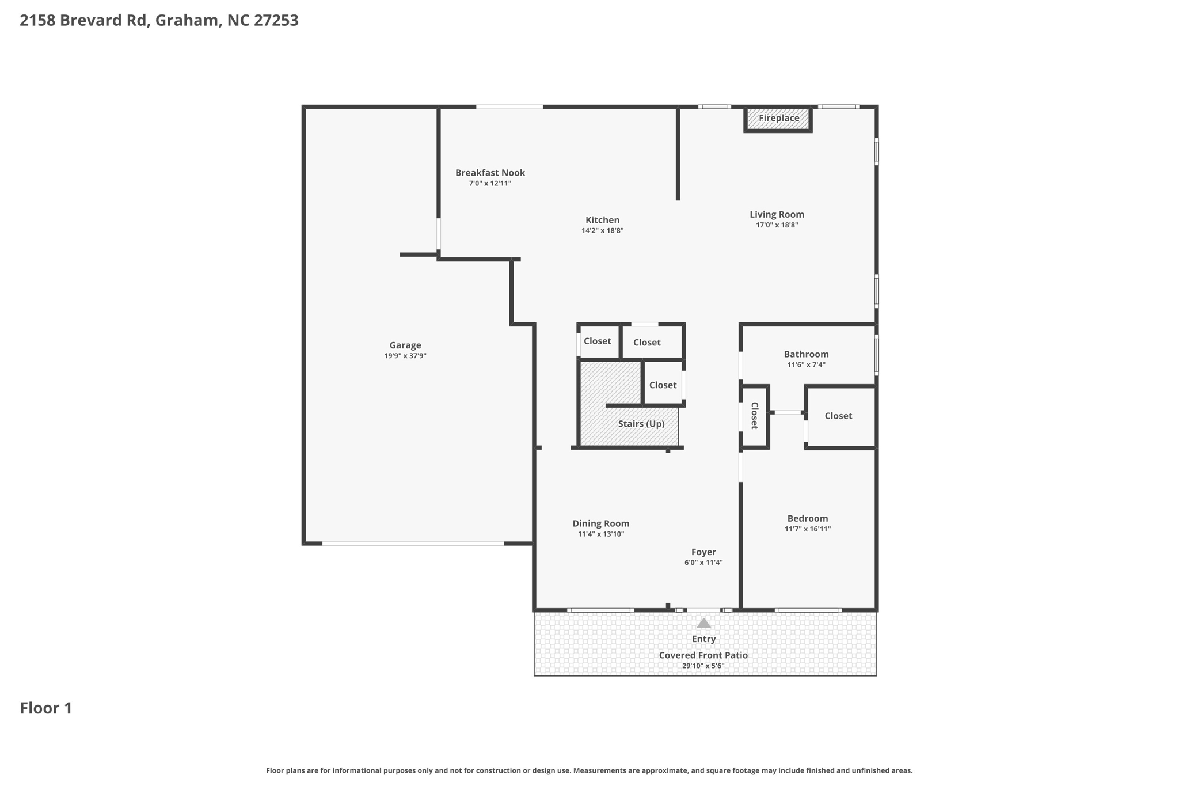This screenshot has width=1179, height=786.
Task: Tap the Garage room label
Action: click(x=405, y=345)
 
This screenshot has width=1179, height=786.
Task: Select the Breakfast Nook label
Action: click(x=490, y=173)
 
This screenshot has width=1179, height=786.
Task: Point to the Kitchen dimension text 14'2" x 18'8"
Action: click(x=602, y=231)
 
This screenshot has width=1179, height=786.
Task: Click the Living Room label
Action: click(x=777, y=215)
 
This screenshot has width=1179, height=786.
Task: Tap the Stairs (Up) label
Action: click(x=641, y=424)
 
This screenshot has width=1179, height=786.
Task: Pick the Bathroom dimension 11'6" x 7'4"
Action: click(x=806, y=365)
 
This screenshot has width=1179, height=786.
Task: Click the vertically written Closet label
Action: click(x=754, y=416)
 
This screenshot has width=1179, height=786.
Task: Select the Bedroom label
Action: click(x=808, y=519)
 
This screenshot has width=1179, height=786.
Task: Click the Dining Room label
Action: click(x=601, y=524)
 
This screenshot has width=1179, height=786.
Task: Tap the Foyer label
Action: click(x=703, y=552)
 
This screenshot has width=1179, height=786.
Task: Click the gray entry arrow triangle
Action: click(x=703, y=623)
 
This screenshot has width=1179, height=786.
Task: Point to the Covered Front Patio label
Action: click(x=703, y=655)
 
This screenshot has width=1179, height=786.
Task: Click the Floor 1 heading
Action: click(x=46, y=708)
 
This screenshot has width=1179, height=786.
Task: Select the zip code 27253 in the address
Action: click(x=276, y=21)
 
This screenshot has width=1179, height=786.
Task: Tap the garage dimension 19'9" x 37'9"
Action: click(x=405, y=356)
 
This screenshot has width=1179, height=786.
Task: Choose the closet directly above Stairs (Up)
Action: click(x=663, y=385)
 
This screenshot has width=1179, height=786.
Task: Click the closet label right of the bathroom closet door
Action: click(x=838, y=416)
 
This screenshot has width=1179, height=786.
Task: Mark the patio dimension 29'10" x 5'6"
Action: click(x=703, y=666)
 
